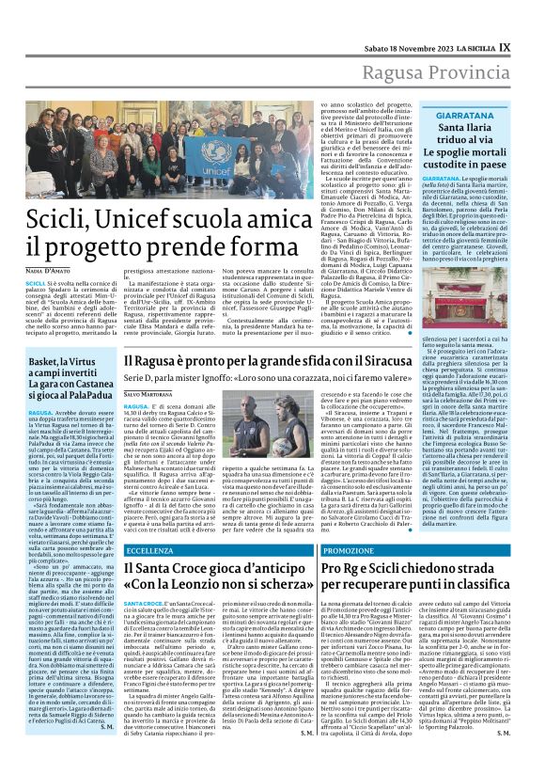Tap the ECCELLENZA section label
(150, 548)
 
